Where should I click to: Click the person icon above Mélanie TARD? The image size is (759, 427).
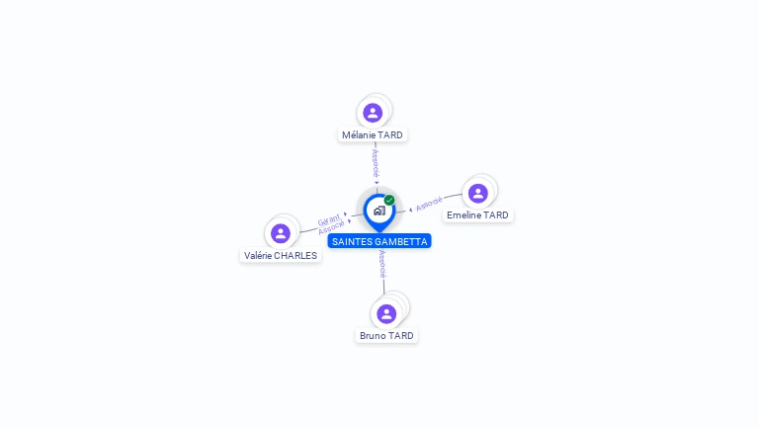[x=373, y=113]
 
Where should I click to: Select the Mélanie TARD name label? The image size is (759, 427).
[x=373, y=134]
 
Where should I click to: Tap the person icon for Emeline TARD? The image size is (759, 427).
[x=478, y=193]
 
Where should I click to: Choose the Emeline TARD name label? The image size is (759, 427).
[x=477, y=215]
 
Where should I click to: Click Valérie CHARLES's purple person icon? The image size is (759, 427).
[x=281, y=233]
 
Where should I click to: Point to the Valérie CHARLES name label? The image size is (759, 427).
[x=281, y=255]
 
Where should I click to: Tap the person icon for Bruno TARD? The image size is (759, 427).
[x=386, y=313]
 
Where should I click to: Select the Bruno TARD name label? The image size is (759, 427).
[x=386, y=336]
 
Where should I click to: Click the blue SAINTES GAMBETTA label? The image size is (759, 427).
[x=379, y=241]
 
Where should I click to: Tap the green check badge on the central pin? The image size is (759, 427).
[x=389, y=200]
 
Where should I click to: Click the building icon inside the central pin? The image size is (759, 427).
[x=379, y=211]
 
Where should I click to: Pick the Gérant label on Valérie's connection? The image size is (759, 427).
[x=329, y=219]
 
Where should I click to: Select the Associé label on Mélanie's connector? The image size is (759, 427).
[x=376, y=164]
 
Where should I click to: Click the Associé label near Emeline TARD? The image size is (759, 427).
[x=429, y=205]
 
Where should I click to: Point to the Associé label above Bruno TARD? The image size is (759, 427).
[x=382, y=264]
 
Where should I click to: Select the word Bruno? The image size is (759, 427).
[x=373, y=336]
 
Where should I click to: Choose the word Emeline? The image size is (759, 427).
[x=463, y=215]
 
